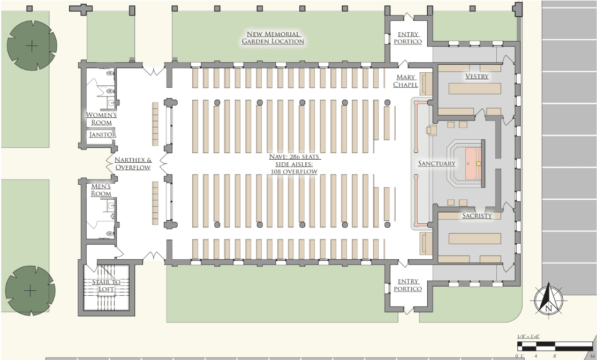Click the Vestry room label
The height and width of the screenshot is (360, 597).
tap(477, 77)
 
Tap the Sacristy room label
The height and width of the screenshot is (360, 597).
tap(477, 216)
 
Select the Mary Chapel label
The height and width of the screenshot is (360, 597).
tap(406, 81)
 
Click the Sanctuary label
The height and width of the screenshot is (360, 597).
tap(436, 163)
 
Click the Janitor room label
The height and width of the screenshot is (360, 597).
tap(102, 134)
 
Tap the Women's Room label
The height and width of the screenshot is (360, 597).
tap(101, 118)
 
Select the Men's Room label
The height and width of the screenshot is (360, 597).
tap(101, 190)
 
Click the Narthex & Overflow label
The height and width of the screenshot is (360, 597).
tap(133, 163)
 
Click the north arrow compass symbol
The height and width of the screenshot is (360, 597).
tap(548, 300)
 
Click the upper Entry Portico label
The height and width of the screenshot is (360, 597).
tap(408, 37)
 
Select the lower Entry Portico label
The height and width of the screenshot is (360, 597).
tap(408, 285)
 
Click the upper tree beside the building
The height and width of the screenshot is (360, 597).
tap(32, 46)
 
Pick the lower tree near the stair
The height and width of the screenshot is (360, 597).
tap(31, 290)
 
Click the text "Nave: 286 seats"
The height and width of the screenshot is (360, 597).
tap(294, 157)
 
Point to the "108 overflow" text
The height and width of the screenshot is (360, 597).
tap(294, 171)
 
